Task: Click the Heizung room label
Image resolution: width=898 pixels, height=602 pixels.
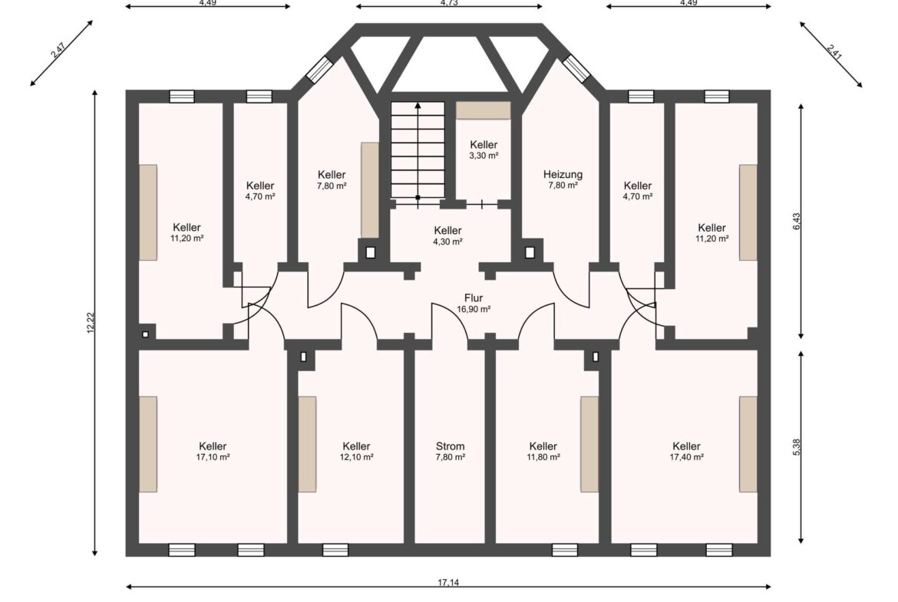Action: pyautogui.click(x=563, y=175)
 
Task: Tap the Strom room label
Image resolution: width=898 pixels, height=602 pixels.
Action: pyautogui.click(x=450, y=446)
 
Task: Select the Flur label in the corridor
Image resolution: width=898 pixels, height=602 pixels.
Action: pyautogui.click(x=473, y=298)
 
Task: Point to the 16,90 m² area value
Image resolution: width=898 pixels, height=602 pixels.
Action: pyautogui.click(x=474, y=309)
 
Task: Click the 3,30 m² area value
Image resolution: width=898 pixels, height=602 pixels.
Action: pyautogui.click(x=484, y=156)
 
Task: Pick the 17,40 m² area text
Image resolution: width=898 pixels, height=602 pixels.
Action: pyautogui.click(x=686, y=457)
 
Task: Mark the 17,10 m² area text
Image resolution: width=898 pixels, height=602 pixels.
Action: pyautogui.click(x=213, y=457)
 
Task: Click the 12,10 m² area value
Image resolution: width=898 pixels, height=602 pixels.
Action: pyautogui.click(x=356, y=457)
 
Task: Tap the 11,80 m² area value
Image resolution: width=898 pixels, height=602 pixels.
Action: pyautogui.click(x=543, y=457)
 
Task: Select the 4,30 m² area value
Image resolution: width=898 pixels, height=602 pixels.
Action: pyautogui.click(x=447, y=242)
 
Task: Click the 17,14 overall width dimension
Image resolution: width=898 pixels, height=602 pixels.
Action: pyautogui.click(x=448, y=583)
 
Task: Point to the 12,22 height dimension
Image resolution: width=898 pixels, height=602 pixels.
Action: pyautogui.click(x=91, y=323)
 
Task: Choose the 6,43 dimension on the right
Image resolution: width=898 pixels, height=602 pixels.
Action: pyautogui.click(x=796, y=222)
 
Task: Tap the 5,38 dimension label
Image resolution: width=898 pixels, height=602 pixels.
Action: pyautogui.click(x=796, y=448)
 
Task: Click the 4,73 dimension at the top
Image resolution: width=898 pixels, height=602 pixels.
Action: pyautogui.click(x=449, y=3)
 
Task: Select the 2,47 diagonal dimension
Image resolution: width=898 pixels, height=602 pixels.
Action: pyautogui.click(x=58, y=51)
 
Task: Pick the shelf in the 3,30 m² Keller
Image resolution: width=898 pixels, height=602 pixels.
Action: pyautogui.click(x=483, y=110)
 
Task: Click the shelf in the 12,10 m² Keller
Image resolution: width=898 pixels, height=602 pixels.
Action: pyautogui.click(x=307, y=444)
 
